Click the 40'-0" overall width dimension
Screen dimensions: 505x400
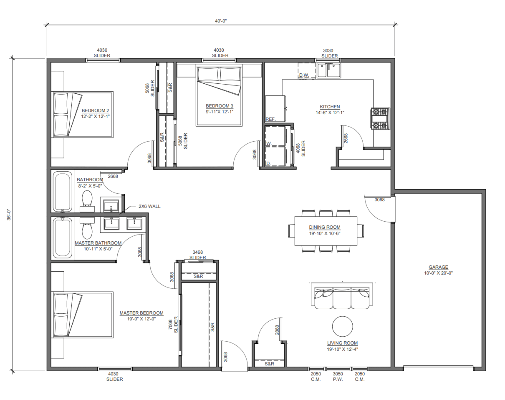[x=221, y=21]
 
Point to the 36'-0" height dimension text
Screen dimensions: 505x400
[x=9, y=215]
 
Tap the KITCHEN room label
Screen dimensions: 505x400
[x=330, y=107]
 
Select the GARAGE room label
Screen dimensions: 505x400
[x=438, y=267]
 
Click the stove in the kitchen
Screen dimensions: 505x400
[x=380, y=119]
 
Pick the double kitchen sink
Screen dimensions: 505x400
[x=329, y=70]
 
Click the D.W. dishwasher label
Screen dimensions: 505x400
[x=304, y=75]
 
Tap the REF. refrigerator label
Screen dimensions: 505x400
[x=270, y=119]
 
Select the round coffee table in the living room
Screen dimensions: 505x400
[x=342, y=326]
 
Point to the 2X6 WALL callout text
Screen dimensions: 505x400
[x=149, y=206]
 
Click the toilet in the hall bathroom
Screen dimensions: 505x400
[x=87, y=201]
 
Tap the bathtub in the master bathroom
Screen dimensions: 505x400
[x=63, y=238]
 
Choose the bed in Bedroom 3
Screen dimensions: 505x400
[x=219, y=95]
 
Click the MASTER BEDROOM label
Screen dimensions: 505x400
[x=141, y=313]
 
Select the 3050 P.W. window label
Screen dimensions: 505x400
[x=338, y=377]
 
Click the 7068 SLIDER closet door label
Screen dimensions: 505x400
[x=174, y=325]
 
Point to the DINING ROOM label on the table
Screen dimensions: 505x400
[x=325, y=227]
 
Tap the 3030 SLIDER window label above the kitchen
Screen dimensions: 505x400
[x=329, y=53]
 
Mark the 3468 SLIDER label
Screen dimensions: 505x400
[x=197, y=255]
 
